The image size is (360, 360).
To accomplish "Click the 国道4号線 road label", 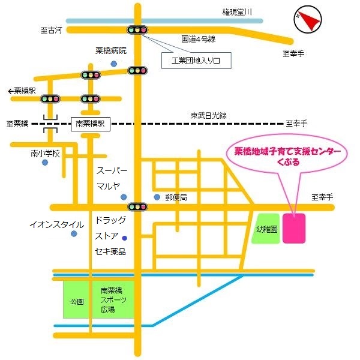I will tap(199, 40).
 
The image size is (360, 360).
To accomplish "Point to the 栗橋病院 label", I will tap(112, 51).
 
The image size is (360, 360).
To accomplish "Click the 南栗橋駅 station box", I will tap(89, 124).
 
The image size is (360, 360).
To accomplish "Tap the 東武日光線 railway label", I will tap(208, 115).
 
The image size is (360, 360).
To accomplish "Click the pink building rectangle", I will tap(295, 229).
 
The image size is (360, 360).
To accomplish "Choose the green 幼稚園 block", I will tap(265, 229).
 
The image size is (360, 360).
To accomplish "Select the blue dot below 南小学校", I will tap(45, 163).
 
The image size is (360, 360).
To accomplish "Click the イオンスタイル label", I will tap(57, 224).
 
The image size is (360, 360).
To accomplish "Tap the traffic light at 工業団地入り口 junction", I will tap(137, 29).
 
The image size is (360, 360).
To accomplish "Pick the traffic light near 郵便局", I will tap(139, 207).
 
